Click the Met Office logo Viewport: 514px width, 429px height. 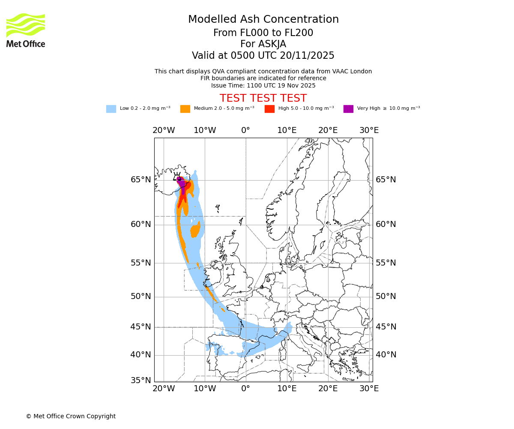[26, 30]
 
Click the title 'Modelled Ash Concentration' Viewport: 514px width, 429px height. [263, 19]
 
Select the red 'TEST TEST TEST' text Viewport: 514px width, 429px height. [263, 98]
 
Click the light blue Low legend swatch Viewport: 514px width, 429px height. [111, 109]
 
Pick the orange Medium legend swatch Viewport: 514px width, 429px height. [185, 109]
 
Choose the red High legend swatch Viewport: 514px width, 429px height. [269, 109]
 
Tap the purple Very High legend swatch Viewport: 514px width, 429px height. [348, 109]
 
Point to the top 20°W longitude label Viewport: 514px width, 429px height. [164, 130]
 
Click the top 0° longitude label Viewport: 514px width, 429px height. [245, 130]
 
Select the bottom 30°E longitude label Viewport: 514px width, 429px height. [369, 389]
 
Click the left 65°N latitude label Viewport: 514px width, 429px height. [141, 180]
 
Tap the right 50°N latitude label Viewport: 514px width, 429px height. [386, 296]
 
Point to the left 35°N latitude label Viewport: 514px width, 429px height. [141, 381]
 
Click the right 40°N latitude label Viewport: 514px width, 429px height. [386, 355]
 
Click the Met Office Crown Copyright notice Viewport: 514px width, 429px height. [71, 416]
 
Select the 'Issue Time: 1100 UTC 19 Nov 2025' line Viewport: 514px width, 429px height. [263, 85]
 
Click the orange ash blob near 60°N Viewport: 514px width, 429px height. [196, 231]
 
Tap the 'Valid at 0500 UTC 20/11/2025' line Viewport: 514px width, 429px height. [263, 56]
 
